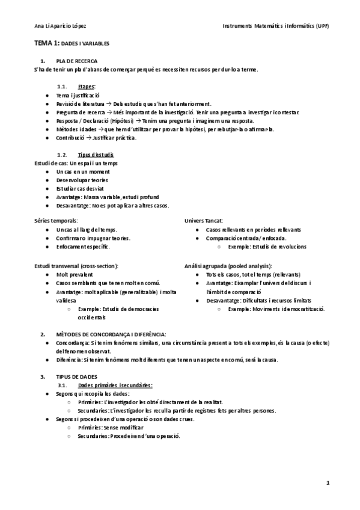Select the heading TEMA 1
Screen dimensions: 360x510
click(x=46, y=45)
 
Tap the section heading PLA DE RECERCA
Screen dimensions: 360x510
click(x=77, y=61)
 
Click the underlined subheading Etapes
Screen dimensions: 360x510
click(x=86, y=87)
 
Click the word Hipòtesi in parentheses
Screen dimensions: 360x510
click(x=126, y=120)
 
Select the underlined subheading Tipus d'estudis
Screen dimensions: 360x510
click(x=96, y=155)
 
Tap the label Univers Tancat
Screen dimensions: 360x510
click(x=203, y=221)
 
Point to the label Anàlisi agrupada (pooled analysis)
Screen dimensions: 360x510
click(x=228, y=266)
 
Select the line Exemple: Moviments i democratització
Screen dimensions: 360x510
click(x=276, y=309)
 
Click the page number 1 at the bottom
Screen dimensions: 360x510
click(x=328, y=482)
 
